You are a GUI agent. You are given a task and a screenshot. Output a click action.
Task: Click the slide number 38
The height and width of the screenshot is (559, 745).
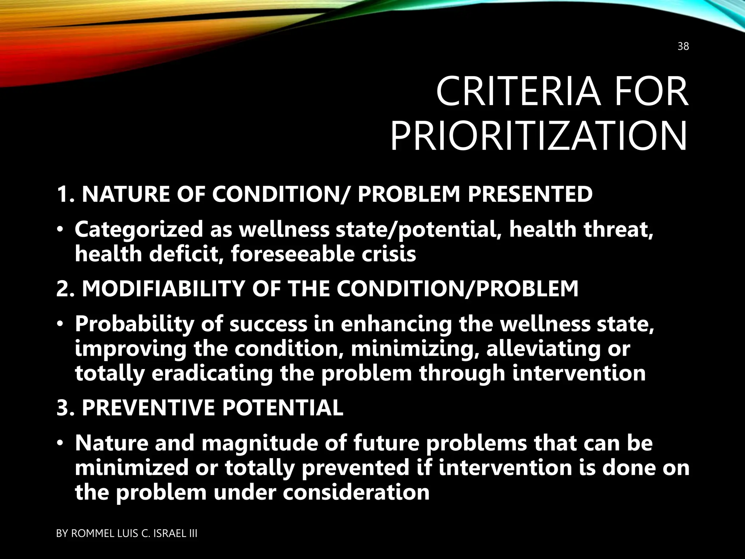(x=683, y=57)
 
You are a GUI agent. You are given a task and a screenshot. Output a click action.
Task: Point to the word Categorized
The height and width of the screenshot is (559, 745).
(x=139, y=230)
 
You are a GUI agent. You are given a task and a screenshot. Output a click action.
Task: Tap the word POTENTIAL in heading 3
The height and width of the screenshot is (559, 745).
(x=283, y=408)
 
